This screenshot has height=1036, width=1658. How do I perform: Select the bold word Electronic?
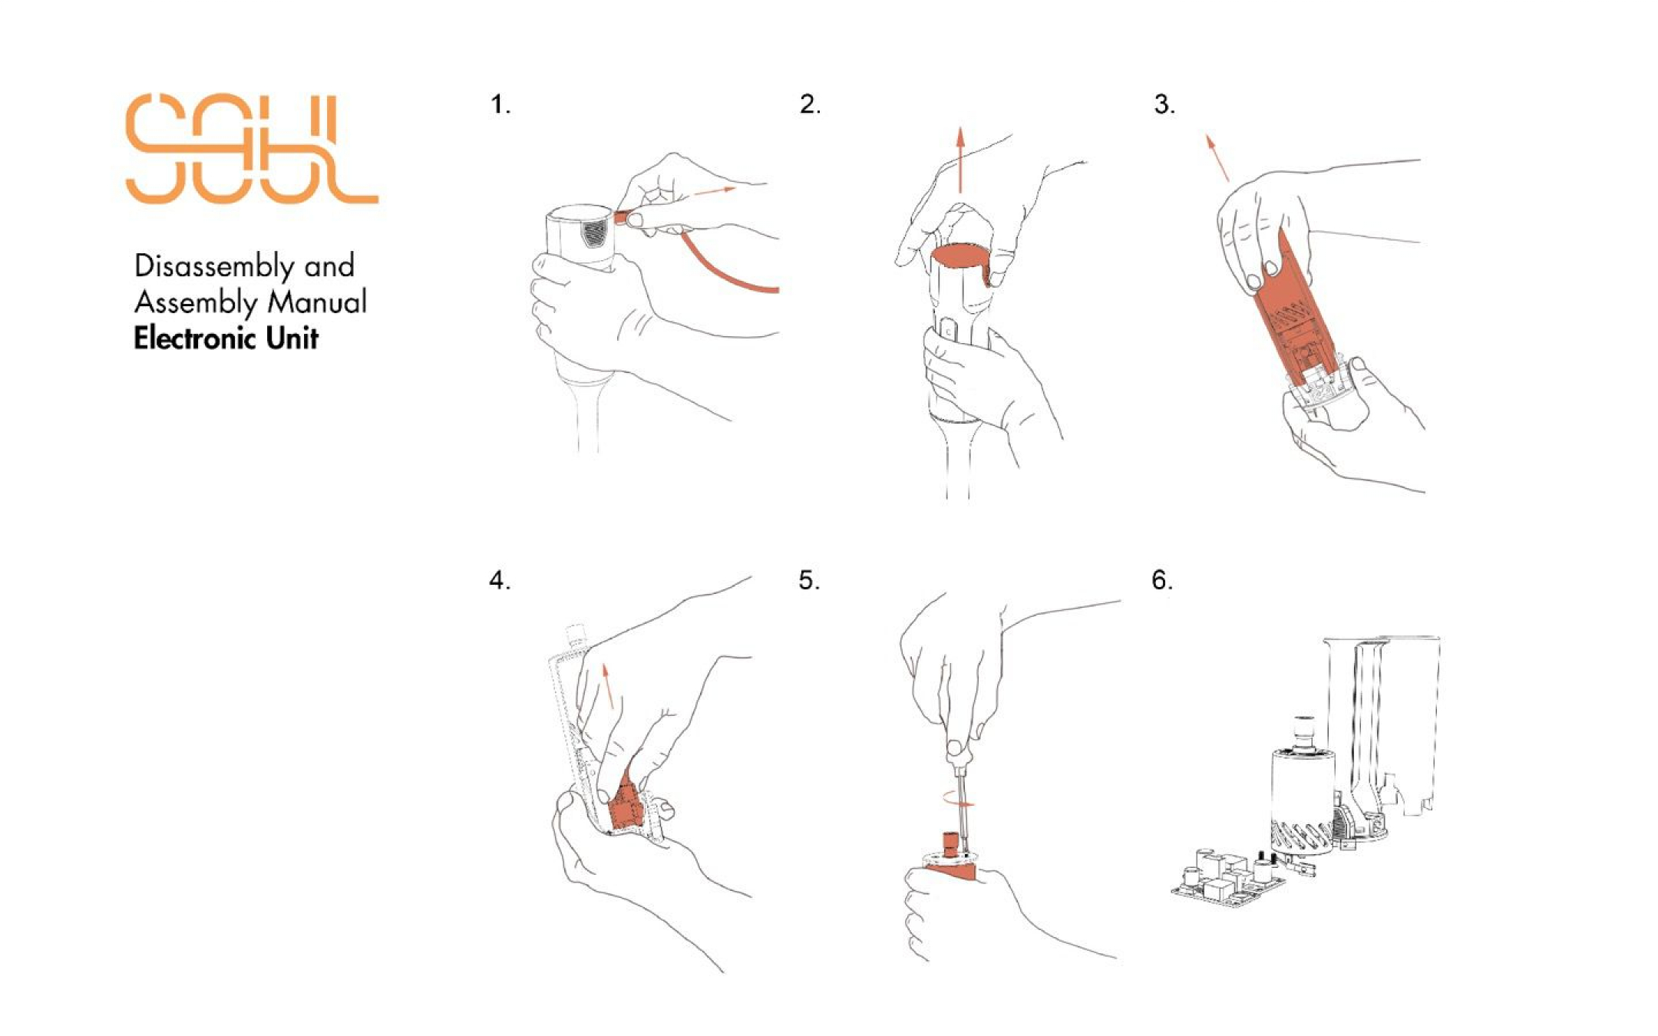click(x=195, y=338)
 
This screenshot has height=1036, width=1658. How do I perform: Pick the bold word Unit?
click(x=292, y=338)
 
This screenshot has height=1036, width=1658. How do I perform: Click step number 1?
click(x=500, y=104)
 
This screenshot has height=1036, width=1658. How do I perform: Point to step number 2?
click(x=810, y=104)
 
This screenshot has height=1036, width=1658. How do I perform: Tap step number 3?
click(x=1164, y=104)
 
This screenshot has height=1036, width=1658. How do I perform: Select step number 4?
click(x=500, y=580)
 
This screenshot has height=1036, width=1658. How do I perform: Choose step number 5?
click(x=809, y=580)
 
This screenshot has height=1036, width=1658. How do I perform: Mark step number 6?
click(x=1162, y=580)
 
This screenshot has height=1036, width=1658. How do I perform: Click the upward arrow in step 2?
click(x=959, y=160)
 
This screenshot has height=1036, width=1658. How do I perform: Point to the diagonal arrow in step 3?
click(x=1217, y=157)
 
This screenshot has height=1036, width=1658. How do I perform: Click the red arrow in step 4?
click(x=609, y=685)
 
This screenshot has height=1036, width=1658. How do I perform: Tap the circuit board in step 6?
click(x=1228, y=879)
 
